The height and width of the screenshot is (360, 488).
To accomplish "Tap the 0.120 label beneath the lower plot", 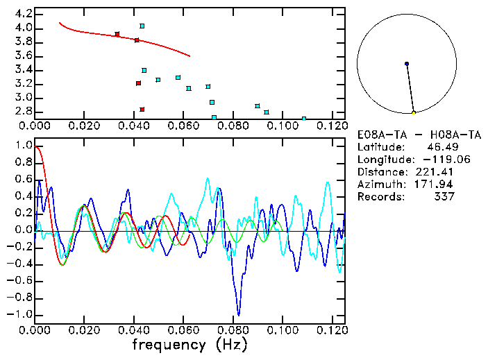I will point(330,329).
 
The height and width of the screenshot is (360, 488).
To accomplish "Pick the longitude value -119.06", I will point(435,160).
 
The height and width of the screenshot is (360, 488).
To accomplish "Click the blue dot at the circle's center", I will point(407,64).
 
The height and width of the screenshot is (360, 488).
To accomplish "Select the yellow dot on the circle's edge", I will point(414,112).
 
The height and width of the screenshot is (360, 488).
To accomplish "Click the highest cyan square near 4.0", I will point(142,26).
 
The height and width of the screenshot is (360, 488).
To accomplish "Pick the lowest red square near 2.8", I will point(142,110).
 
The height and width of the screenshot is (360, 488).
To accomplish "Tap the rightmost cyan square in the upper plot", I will point(304,118).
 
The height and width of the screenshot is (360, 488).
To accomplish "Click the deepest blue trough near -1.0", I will point(239,314).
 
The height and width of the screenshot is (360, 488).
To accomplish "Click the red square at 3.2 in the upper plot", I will point(138,83).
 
